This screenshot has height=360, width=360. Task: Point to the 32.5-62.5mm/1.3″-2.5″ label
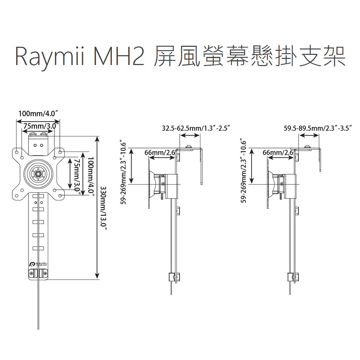click(x=196, y=128)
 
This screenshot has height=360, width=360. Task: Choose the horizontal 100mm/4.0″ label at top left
click(x=38, y=114)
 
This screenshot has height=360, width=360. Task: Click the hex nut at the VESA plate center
click(x=38, y=174)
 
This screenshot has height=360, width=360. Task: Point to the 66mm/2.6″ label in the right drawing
click(x=278, y=153)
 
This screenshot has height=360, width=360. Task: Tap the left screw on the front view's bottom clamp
click(x=32, y=273)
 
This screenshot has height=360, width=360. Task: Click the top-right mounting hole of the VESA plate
click(x=60, y=152)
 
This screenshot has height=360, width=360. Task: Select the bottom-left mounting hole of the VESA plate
click(x=17, y=195)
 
